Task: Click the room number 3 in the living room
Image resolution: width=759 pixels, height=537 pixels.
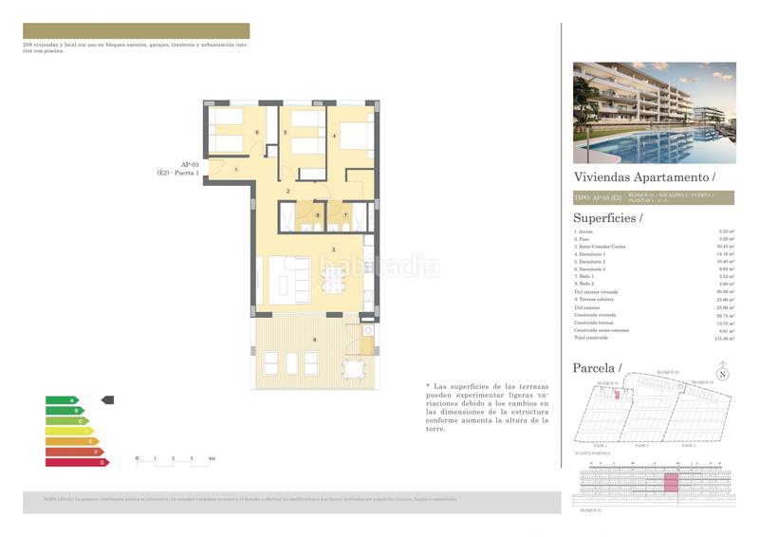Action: point(333,250)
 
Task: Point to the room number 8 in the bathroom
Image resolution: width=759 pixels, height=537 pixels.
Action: point(318,216)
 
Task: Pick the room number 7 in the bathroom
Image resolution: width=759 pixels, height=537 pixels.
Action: point(345,216)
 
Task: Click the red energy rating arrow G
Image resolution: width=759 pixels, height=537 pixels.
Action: point(78,462)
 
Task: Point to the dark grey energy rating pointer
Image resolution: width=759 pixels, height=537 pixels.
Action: point(107,400)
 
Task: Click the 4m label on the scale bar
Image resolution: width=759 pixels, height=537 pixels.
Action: point(213,458)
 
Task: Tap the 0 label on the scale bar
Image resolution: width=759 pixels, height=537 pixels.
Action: point(138,458)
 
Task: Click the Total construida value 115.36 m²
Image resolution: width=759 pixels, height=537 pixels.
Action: point(726,337)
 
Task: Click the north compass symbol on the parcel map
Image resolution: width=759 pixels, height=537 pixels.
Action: point(724,374)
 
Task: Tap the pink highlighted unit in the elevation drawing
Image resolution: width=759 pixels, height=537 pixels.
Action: point(672,485)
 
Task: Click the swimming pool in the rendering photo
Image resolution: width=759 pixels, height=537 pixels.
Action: point(664,147)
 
